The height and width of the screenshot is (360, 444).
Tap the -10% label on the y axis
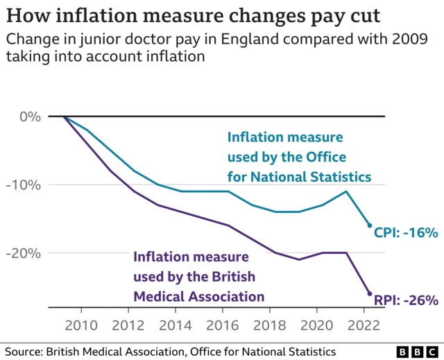point(25,185)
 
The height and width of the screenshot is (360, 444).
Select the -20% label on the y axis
point(25,253)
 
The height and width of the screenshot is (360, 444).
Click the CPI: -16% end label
point(406,233)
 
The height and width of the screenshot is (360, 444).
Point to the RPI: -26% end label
point(406,300)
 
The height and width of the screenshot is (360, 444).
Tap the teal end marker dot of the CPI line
point(369,225)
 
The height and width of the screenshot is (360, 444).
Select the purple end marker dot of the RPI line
point(369,294)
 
